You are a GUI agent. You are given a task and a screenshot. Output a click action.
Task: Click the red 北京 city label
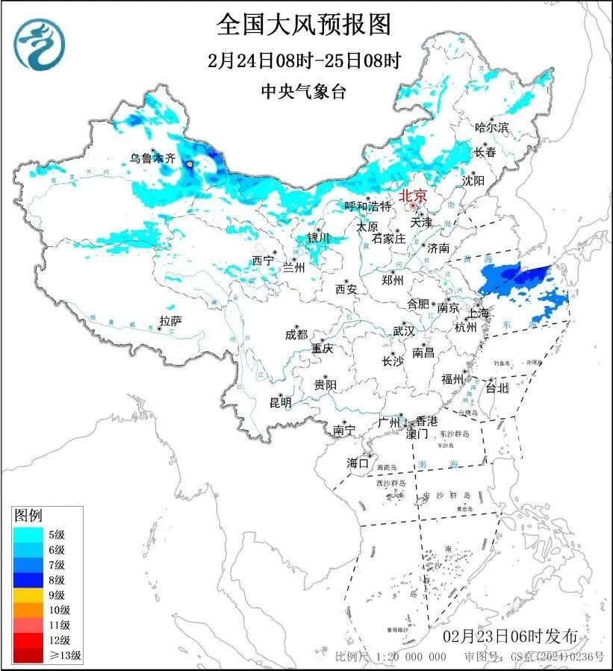click(x=413, y=196)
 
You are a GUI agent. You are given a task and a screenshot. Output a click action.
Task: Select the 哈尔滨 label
click(x=491, y=128)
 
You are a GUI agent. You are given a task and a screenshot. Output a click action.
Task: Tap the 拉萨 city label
click(x=170, y=321)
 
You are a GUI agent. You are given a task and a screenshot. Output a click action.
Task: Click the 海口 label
click(x=358, y=464)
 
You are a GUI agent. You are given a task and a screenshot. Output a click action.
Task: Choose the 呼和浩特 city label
click(x=367, y=206)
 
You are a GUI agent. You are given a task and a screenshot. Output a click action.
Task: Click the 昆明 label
click(x=281, y=402)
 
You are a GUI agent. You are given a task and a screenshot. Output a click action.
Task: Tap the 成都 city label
click(x=296, y=334)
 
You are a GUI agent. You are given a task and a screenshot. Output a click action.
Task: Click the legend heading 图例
click(x=29, y=516)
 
